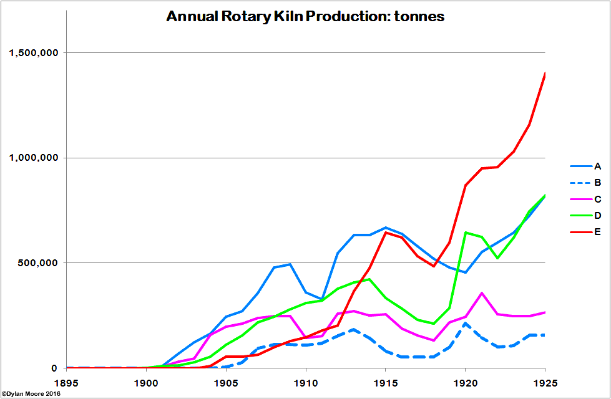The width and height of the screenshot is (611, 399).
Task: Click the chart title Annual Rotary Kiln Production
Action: point(305,17)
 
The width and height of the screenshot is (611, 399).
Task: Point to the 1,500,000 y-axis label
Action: point(34,52)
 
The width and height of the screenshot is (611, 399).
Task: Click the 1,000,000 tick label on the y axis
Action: point(34,158)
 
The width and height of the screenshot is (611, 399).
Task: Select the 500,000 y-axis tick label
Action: point(39,263)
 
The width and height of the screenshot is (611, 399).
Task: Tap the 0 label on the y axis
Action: point(55,368)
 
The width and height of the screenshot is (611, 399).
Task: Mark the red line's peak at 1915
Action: point(386,233)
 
